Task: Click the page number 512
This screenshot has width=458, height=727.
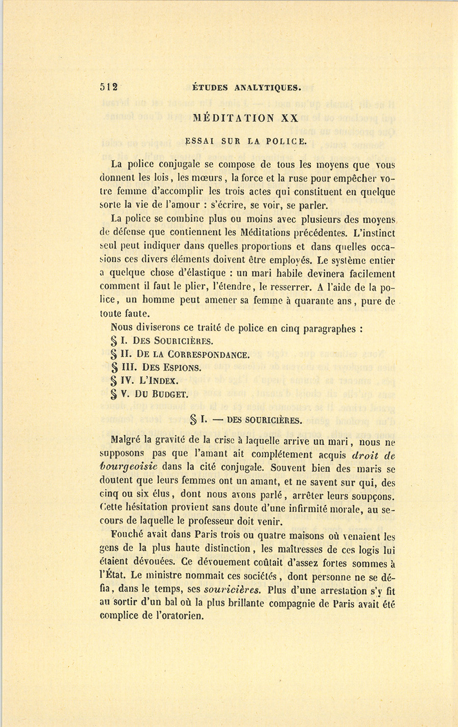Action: point(109,87)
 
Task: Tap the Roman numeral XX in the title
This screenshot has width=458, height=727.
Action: point(289,117)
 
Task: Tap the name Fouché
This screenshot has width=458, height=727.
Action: point(126,535)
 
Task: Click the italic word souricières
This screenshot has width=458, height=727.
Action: point(233,591)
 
